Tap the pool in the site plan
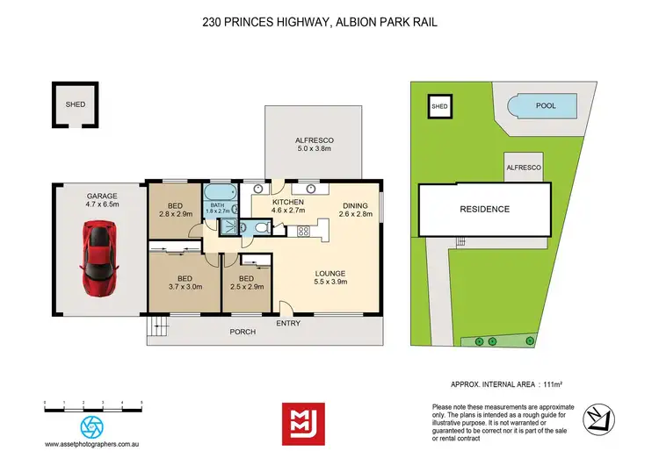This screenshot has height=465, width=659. coord(545,107)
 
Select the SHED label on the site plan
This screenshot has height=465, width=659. coord(439,107)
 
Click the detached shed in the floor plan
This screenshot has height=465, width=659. coord(76,104)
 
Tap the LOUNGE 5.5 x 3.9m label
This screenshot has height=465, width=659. coord(332,277)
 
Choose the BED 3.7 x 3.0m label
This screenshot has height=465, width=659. coord(185,280)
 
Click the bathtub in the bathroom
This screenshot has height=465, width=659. coord(220,194)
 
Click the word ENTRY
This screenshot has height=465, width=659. coord(287,324)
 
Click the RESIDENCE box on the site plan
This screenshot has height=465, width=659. coord(485,210)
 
